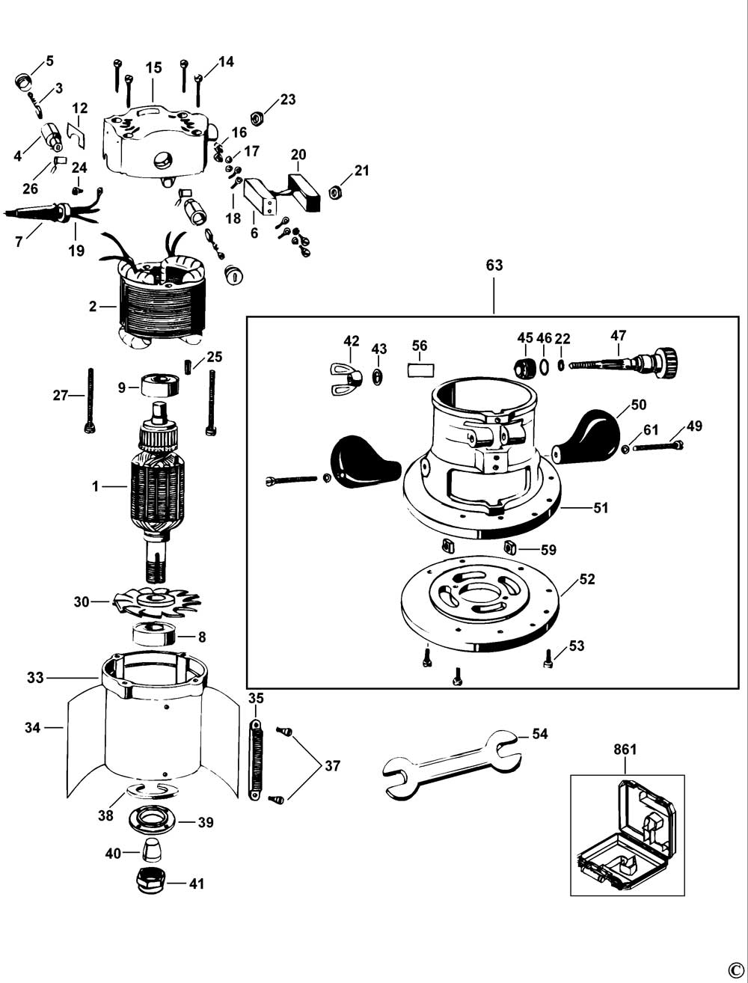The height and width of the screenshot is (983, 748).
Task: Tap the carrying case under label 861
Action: [627, 836]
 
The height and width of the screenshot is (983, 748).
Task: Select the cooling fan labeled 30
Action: [157, 600]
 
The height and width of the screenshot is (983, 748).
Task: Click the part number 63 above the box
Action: [494, 265]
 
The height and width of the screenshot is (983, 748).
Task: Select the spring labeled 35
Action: [255, 759]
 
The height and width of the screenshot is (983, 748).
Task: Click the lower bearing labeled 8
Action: [155, 636]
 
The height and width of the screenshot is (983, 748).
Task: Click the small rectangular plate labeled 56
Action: [420, 370]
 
